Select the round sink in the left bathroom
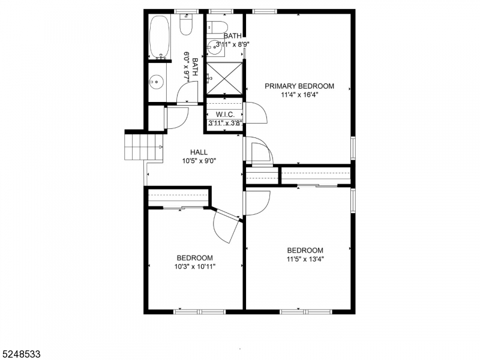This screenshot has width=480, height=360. [157, 81]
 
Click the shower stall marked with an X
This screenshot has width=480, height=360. [224, 77]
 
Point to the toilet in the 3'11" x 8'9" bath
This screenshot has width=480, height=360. [217, 26]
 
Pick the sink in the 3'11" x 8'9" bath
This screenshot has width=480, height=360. [215, 45]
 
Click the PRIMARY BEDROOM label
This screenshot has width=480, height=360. [299, 86]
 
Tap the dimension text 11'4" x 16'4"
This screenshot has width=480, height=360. [299, 95]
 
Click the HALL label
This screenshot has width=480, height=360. [199, 152]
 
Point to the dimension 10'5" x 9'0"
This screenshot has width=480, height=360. [199, 160]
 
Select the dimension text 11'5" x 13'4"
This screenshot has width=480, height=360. [305, 259]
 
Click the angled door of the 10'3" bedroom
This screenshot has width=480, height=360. [225, 225]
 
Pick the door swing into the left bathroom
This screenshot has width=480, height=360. [188, 94]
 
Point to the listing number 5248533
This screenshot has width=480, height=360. [21, 354]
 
